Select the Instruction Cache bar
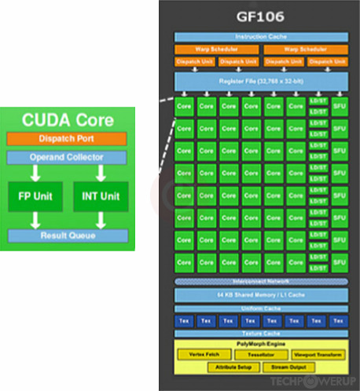[260, 37]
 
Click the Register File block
[260, 81]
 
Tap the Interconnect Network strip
[260, 281]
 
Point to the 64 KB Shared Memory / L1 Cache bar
[260, 294]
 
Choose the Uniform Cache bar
[260, 308]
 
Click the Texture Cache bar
[260, 333]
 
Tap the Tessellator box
[261, 355]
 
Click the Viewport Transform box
[318, 355]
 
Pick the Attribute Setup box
[232, 367]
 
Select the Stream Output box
[288, 367]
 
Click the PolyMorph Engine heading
[260, 345]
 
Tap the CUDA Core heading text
[68, 122]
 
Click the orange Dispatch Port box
[67, 139]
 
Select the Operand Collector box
[67, 158]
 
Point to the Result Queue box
[67, 235]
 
